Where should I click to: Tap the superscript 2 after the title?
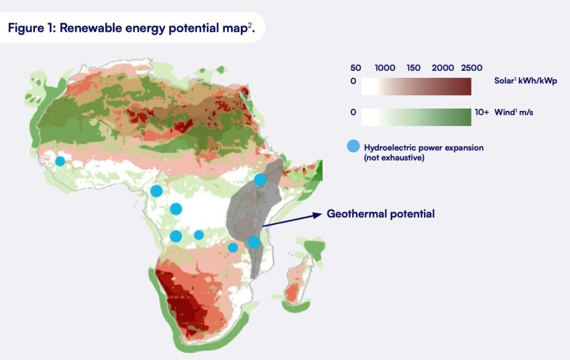click(x=252, y=25)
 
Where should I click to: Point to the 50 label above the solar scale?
click(x=356, y=68)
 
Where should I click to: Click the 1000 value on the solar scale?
click(x=385, y=68)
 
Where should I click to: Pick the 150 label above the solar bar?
click(x=414, y=68)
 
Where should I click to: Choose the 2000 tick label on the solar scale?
click(x=443, y=68)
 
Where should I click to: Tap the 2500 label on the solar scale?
click(x=471, y=68)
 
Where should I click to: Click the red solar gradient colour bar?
click(x=416, y=87)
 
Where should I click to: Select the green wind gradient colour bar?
click(x=416, y=117)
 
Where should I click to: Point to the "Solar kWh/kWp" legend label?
click(x=525, y=81)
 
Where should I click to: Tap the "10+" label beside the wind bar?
click(x=481, y=112)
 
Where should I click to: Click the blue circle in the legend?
click(x=353, y=147)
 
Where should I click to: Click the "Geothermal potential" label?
click(x=380, y=214)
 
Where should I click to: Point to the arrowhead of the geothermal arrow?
click(x=318, y=215)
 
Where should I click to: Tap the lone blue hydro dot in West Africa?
click(x=60, y=161)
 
